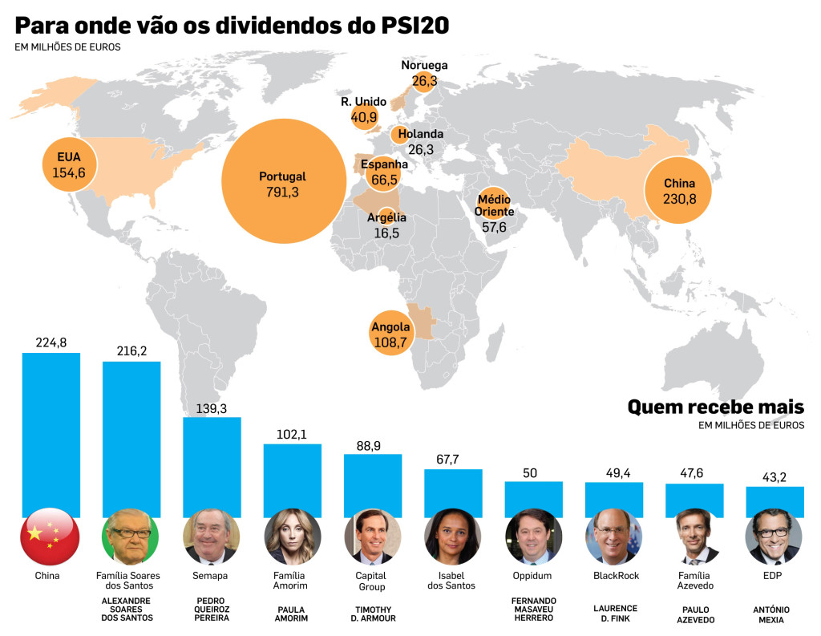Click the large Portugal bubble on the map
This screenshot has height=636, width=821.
[x=284, y=181]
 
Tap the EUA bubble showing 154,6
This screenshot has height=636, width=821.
[x=69, y=164]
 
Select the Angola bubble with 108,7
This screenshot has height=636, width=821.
[x=390, y=333]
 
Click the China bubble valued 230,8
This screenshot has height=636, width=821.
[x=678, y=190]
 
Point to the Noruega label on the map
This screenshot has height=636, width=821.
[x=424, y=65]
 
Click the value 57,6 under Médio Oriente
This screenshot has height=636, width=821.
[x=494, y=227]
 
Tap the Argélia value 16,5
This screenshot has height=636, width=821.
[x=386, y=233]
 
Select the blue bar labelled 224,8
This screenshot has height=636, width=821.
[x=51, y=435]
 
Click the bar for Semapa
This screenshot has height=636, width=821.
[x=212, y=468]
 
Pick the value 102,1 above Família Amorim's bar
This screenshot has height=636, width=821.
[x=292, y=435]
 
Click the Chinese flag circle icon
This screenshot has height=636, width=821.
[x=50, y=537]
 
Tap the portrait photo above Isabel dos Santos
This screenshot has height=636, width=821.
[x=452, y=537]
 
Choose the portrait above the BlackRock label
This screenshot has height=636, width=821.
[x=613, y=537]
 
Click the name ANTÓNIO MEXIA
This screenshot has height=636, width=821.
[x=771, y=614]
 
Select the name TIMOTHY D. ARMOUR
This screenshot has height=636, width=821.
[x=374, y=614]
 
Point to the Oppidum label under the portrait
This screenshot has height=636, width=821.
[x=532, y=576]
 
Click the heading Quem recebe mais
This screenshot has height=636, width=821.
[x=716, y=407]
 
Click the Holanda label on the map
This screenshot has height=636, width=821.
[x=420, y=134]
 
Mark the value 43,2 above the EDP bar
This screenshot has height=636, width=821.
[x=774, y=477]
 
